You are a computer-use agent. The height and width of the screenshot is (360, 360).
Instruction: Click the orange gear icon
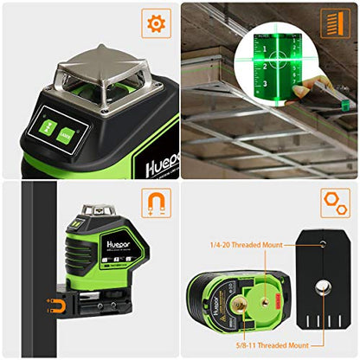click(157, 22)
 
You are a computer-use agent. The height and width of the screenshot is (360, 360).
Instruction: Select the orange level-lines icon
click(335, 22)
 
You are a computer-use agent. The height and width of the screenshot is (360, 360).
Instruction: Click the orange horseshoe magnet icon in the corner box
click(157, 202)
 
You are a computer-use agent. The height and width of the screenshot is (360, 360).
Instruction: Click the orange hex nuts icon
click(335, 202)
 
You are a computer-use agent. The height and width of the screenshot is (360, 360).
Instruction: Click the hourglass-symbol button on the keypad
click(44, 128)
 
